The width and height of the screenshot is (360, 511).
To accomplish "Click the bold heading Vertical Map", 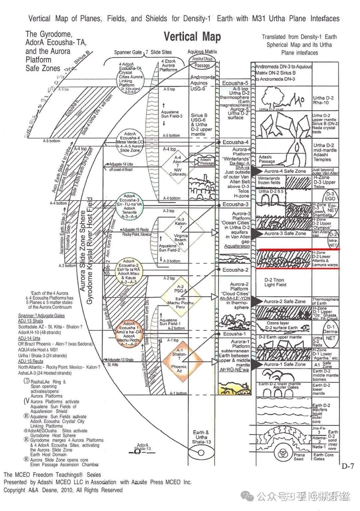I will (x=192, y=37).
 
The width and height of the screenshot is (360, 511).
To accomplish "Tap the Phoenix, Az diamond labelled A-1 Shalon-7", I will (x=179, y=362).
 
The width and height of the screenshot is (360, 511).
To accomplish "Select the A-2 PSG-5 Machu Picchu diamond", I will (x=180, y=297).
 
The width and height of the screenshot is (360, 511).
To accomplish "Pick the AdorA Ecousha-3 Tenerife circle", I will (x=129, y=205).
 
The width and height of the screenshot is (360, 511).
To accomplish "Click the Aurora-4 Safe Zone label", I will (x=285, y=171).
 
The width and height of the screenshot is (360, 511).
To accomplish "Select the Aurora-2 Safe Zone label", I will (x=284, y=301).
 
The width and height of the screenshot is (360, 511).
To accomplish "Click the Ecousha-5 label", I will (x=235, y=83).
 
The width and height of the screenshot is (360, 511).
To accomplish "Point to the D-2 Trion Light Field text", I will (x=275, y=282).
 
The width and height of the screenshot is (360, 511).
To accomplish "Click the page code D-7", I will (x=347, y=466).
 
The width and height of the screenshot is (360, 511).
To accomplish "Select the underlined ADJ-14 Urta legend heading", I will (x=29, y=338).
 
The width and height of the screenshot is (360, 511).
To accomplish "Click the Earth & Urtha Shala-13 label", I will (x=201, y=437).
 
